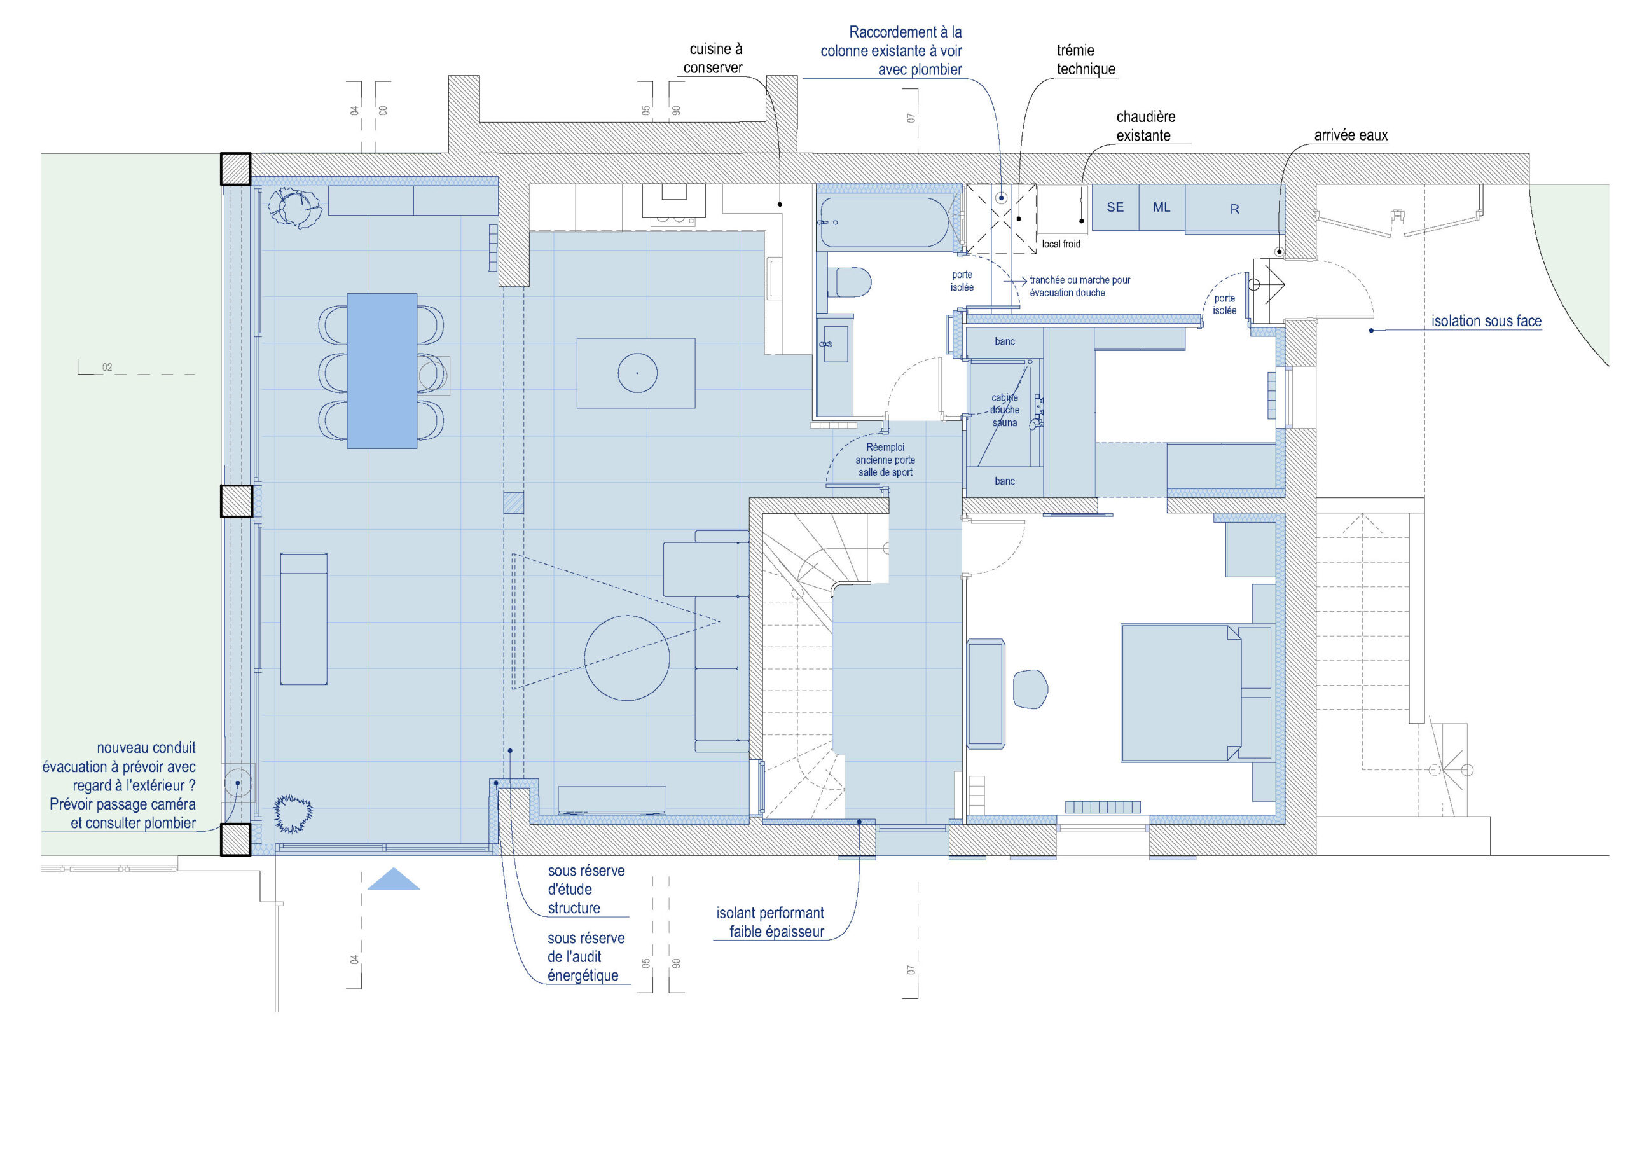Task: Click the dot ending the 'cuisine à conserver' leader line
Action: pyautogui.click(x=780, y=204)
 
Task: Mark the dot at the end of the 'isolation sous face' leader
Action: pyautogui.click(x=1371, y=331)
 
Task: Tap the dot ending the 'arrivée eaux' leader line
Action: pyautogui.click(x=1279, y=252)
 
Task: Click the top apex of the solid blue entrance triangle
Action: pyautogui.click(x=394, y=868)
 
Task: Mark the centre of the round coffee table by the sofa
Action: pyautogui.click(x=627, y=658)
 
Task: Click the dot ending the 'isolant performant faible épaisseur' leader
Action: pyautogui.click(x=859, y=822)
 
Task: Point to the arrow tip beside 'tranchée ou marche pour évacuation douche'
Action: pyautogui.click(x=1026, y=282)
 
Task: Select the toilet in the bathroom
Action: pyautogui.click(x=850, y=282)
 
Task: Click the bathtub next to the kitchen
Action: pyautogui.click(x=885, y=222)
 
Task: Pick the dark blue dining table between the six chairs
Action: pyautogui.click(x=382, y=371)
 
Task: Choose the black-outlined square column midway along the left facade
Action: pyautogui.click(x=236, y=500)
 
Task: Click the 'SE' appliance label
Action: pyautogui.click(x=1115, y=207)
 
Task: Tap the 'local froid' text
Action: pyautogui.click(x=1061, y=244)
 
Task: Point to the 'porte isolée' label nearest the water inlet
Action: pyautogui.click(x=1225, y=304)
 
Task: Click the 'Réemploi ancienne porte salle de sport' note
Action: pyautogui.click(x=885, y=460)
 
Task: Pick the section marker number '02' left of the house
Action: pyautogui.click(x=107, y=368)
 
